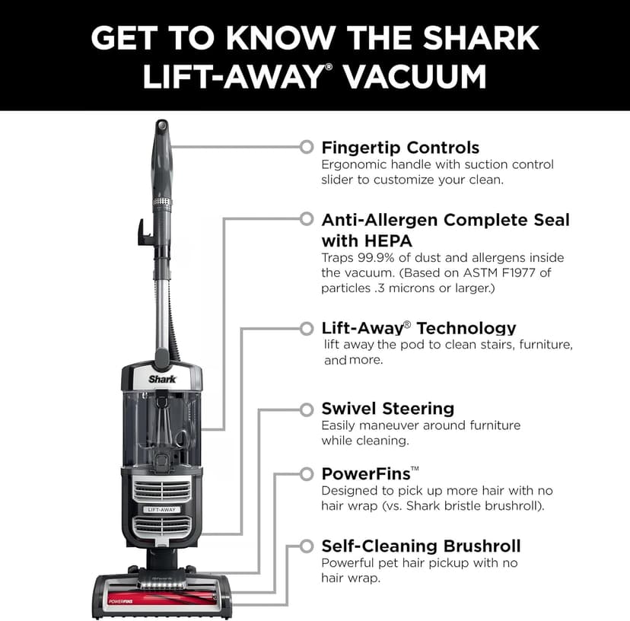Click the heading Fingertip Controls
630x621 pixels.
click(400, 147)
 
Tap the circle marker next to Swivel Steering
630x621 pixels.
click(307, 409)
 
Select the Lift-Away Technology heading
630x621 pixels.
click(418, 328)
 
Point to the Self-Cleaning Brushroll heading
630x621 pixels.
click(421, 546)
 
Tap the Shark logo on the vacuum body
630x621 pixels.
click(161, 377)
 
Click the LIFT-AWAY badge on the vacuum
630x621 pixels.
click(162, 509)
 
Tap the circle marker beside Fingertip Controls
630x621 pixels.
click(307, 146)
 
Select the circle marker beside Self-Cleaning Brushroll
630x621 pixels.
click(307, 546)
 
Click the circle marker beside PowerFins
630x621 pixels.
click(307, 474)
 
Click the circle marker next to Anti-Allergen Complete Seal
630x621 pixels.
click(307, 219)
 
